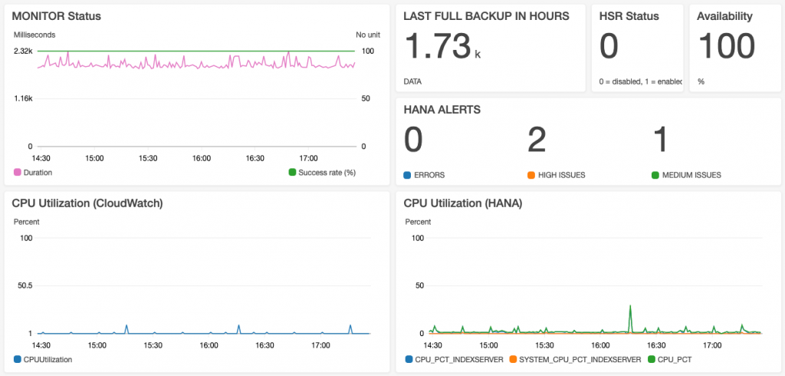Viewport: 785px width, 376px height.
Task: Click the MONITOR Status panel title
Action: (x=57, y=15)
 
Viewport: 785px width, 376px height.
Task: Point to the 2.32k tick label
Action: (x=23, y=51)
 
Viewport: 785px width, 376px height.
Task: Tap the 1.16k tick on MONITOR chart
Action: (x=23, y=98)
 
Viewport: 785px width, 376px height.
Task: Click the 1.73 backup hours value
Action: (x=437, y=46)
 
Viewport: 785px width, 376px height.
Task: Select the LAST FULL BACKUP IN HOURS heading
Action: (x=486, y=15)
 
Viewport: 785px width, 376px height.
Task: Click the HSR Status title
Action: (x=629, y=15)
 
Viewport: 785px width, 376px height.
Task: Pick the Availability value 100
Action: (x=726, y=46)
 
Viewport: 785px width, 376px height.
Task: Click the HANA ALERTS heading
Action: (x=442, y=110)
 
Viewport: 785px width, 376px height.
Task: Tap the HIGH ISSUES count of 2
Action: (x=537, y=140)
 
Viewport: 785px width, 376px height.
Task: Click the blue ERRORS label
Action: (x=428, y=175)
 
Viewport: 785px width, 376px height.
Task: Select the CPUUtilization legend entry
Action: (x=48, y=359)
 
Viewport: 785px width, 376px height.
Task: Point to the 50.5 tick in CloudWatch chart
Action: (x=25, y=285)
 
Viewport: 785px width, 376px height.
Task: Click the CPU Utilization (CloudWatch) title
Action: (x=87, y=203)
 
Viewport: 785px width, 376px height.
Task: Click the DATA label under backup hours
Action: (x=412, y=81)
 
